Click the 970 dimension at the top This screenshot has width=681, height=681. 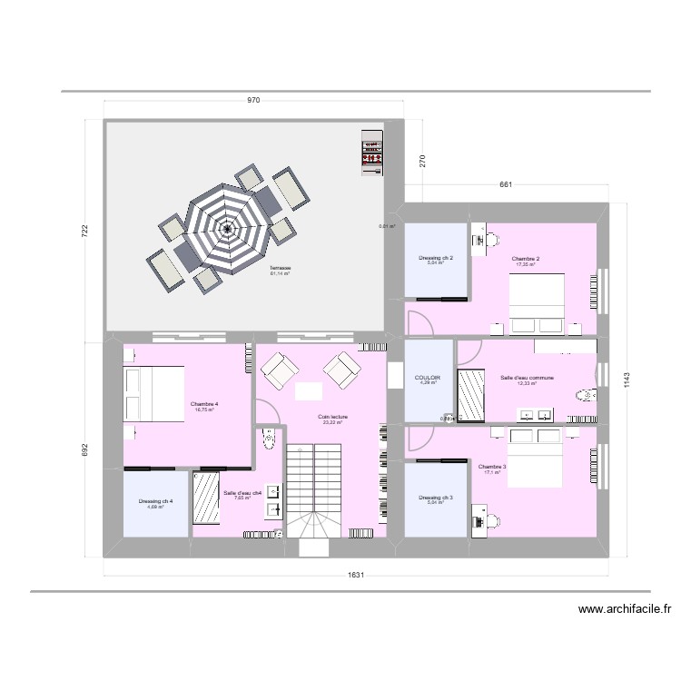coord(253,100)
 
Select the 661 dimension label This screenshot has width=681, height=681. coord(506,185)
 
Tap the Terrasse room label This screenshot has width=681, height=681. coord(280,268)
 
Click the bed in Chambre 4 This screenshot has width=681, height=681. coord(150,396)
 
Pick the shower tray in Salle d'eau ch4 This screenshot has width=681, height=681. coord(206,498)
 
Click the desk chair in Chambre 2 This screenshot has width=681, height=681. coord(492,241)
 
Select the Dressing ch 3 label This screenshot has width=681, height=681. coord(435,497)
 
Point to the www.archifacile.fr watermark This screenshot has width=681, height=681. coord(624,610)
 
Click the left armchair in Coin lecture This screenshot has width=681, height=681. coord(278,368)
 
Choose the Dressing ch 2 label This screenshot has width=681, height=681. coord(436,258)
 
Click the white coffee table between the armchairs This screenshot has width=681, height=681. coord(308,390)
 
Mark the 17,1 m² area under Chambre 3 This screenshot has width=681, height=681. coord(492,472)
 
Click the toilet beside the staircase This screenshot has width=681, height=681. coord(267,441)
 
